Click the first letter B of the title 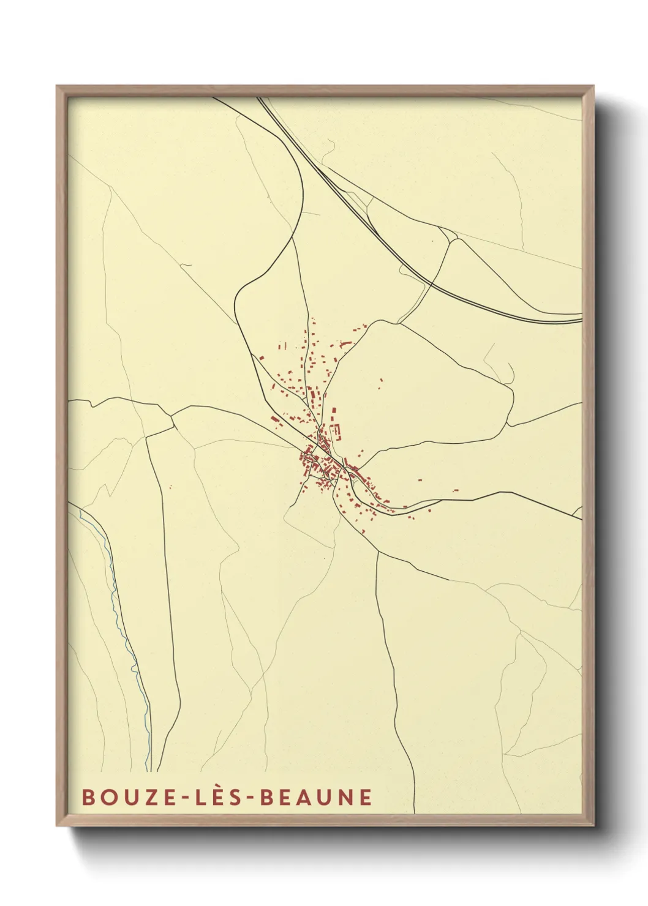tap(88, 797)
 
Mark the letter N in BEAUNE tap(345, 797)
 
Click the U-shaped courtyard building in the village tap(336, 430)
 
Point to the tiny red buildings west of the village tap(170, 487)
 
